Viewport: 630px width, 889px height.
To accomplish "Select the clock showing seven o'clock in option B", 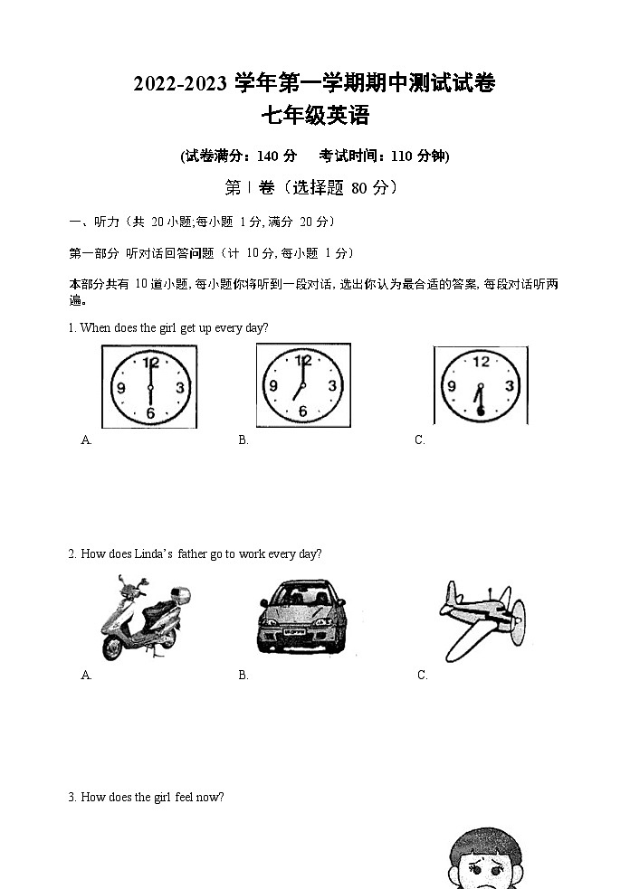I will tap(302, 385).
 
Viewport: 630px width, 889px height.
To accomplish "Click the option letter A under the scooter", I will tap(86, 676).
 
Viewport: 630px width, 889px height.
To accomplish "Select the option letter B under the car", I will tap(243, 676).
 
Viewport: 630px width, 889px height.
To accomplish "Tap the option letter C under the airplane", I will tap(422, 676).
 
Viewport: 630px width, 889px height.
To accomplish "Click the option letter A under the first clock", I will tap(86, 440).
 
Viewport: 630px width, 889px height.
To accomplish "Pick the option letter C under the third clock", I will tap(419, 440).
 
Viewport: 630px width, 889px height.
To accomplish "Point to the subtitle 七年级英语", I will tap(314, 117).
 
